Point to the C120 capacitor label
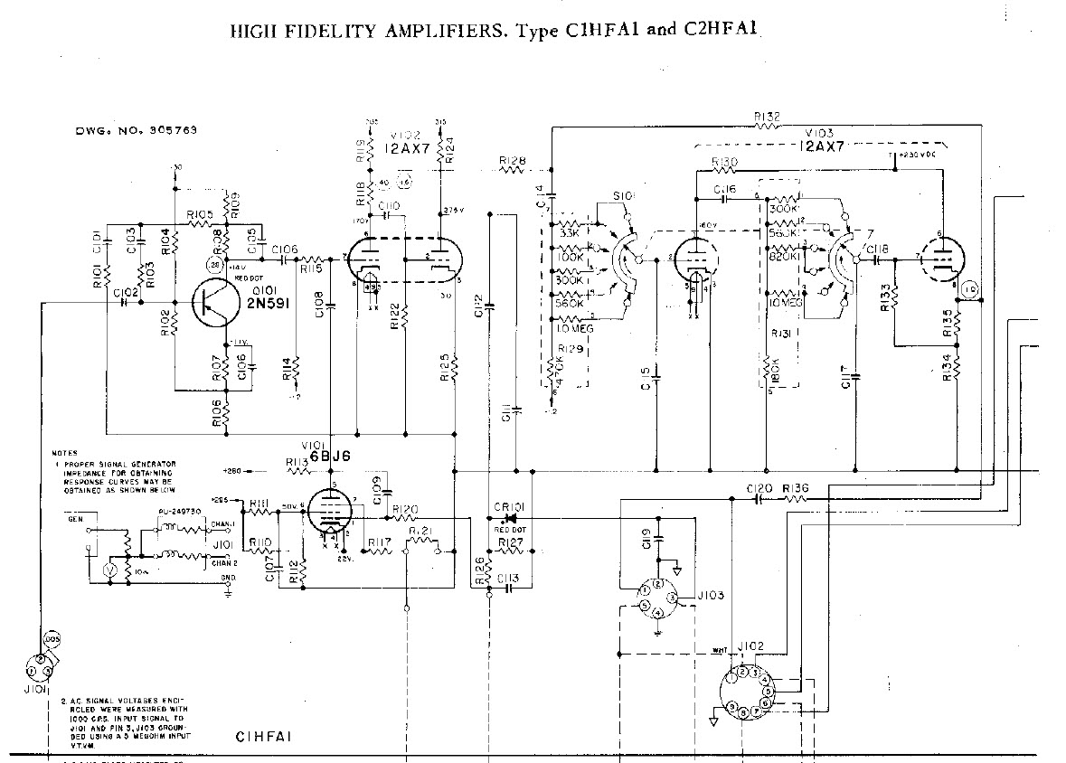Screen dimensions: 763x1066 point(759,488)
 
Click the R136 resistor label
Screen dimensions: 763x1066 point(796,488)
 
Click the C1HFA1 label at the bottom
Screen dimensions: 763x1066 point(261,736)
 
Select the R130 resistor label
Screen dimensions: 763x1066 point(725,162)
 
